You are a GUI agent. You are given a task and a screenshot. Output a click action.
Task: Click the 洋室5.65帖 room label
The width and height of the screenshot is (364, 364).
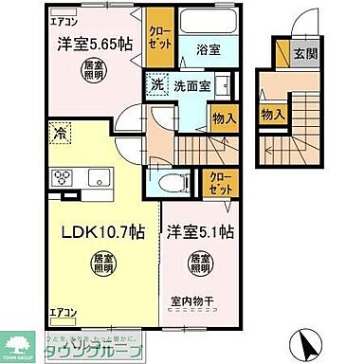tap(86, 44)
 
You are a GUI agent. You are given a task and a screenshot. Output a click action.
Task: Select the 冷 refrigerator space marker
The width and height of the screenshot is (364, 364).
tap(58, 136)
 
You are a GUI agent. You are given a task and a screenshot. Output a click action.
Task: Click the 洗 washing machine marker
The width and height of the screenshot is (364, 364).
tap(157, 84)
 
